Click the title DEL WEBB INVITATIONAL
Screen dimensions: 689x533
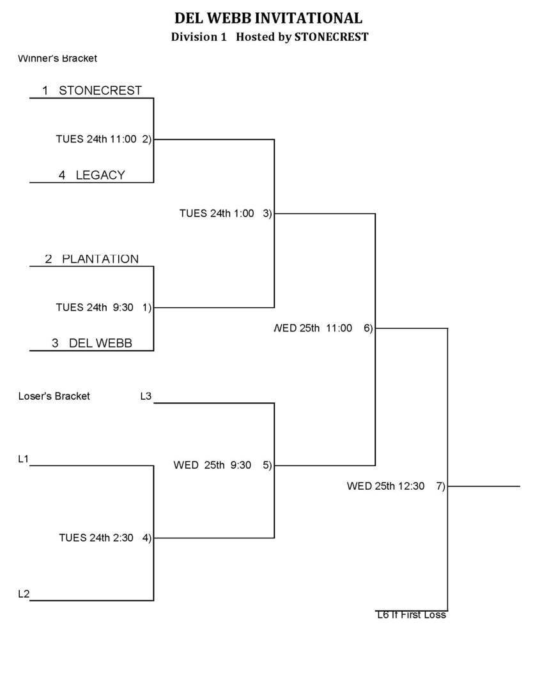268,18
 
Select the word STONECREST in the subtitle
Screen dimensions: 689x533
331,37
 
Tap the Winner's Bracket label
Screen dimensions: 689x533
58,59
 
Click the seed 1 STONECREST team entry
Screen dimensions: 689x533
92,91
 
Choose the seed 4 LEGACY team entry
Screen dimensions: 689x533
92,175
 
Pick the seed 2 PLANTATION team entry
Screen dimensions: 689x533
92,259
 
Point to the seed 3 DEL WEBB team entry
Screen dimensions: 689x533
92,344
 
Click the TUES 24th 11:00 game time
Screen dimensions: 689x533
96,139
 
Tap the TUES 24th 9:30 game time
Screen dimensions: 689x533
95,308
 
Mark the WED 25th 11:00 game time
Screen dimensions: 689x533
313,328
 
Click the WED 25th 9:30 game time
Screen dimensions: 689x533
212,466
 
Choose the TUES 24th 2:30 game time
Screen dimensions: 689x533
96,538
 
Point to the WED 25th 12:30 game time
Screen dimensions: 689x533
385,487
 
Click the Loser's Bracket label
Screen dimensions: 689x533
54,397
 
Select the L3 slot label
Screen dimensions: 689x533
146,397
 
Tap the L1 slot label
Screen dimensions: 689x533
24,458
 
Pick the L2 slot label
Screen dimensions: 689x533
24,594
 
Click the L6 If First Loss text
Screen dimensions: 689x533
411,615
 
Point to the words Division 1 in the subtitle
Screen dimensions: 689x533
199,37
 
